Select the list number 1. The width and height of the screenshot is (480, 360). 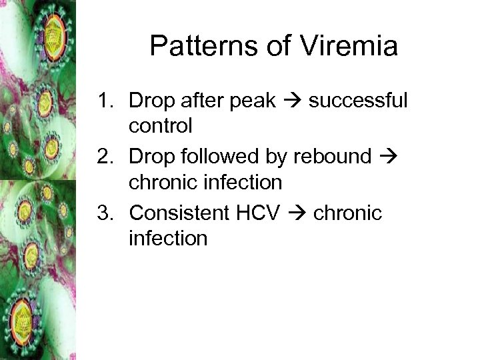click(x=105, y=101)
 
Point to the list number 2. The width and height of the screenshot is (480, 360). click(x=105, y=157)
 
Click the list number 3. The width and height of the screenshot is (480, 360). click(x=105, y=213)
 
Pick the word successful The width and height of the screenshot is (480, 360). click(x=357, y=101)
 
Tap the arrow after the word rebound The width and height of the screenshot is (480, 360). click(x=390, y=157)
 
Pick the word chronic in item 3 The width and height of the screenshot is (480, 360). click(x=347, y=213)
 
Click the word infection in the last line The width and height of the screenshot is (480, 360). click(x=169, y=238)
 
